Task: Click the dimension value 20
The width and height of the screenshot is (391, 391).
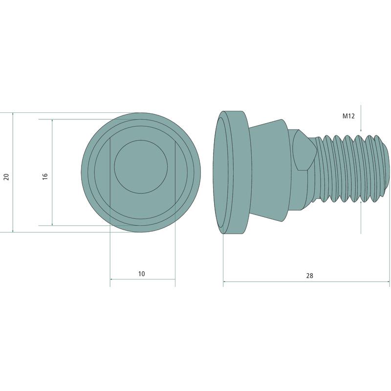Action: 6,177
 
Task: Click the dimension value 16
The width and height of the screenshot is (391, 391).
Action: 45,176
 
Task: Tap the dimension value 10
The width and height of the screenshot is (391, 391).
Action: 141,274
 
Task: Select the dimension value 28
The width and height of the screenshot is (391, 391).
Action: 309,276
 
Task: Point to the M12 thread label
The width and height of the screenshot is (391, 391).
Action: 348,116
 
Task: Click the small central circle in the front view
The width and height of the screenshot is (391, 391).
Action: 141,167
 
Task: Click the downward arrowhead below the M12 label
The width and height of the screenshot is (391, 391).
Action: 361,130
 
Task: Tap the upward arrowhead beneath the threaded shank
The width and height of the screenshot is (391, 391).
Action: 361,203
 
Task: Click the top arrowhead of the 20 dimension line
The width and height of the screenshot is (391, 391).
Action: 13,114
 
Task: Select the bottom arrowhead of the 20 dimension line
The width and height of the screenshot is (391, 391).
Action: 13,230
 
